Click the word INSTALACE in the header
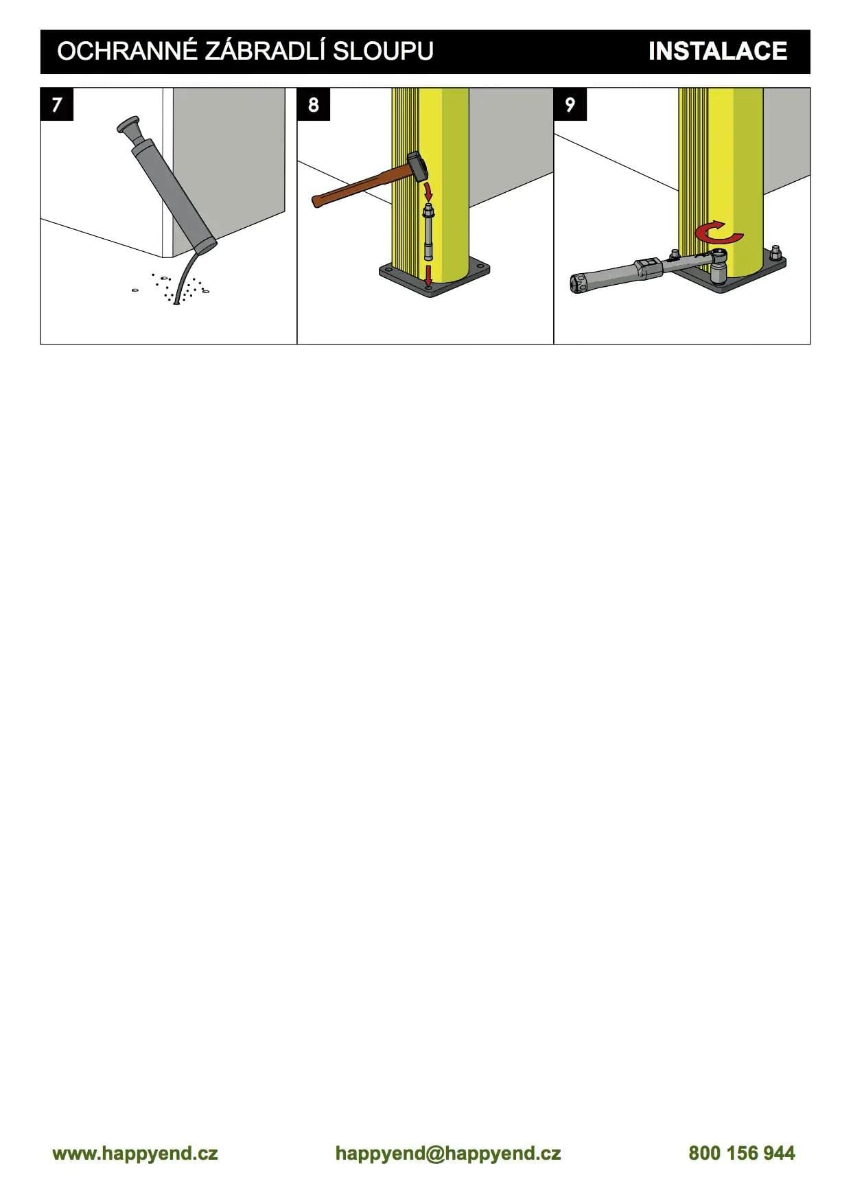pyautogui.click(x=717, y=51)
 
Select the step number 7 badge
pyautogui.click(x=57, y=104)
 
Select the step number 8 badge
pyautogui.click(x=314, y=104)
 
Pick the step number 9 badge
pyautogui.click(x=570, y=104)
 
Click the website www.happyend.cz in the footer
pyautogui.click(x=135, y=1153)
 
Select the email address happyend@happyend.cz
pyautogui.click(x=448, y=1153)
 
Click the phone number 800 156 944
pyautogui.click(x=742, y=1153)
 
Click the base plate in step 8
pyautogui.click(x=435, y=279)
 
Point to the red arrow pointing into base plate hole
pyautogui.click(x=428, y=277)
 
